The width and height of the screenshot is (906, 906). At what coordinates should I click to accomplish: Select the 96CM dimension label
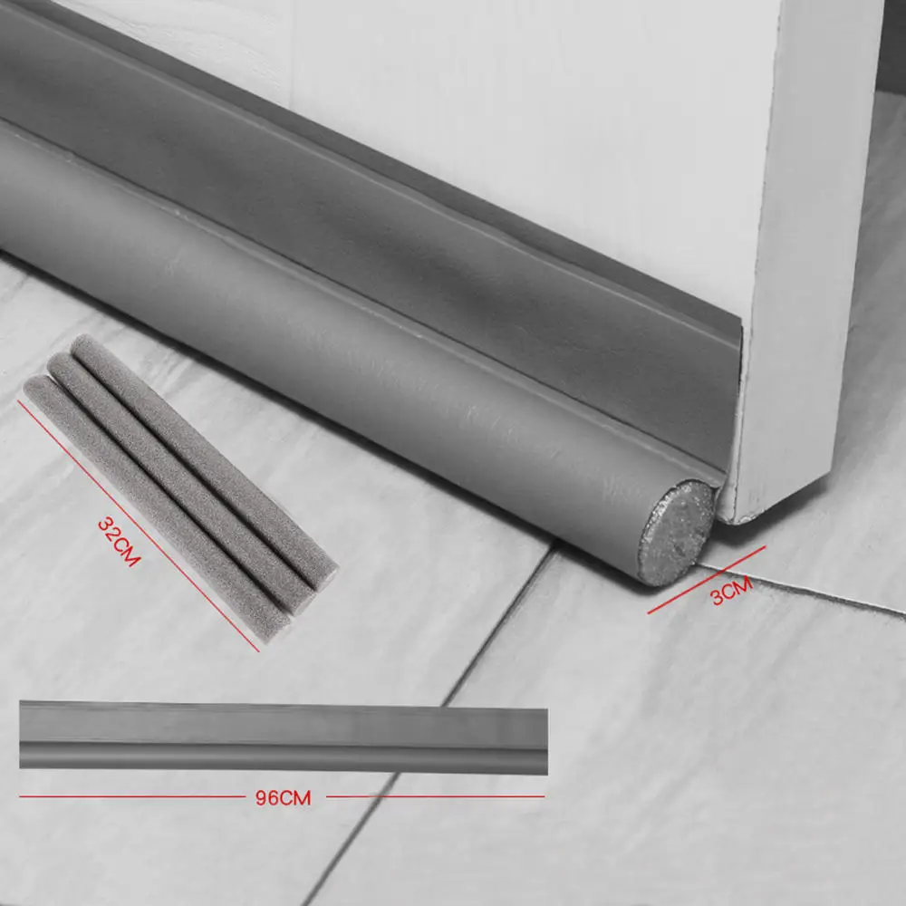[284, 798]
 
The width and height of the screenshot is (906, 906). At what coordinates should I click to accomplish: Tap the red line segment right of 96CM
[435, 797]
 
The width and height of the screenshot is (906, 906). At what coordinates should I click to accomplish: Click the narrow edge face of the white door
[806, 272]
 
